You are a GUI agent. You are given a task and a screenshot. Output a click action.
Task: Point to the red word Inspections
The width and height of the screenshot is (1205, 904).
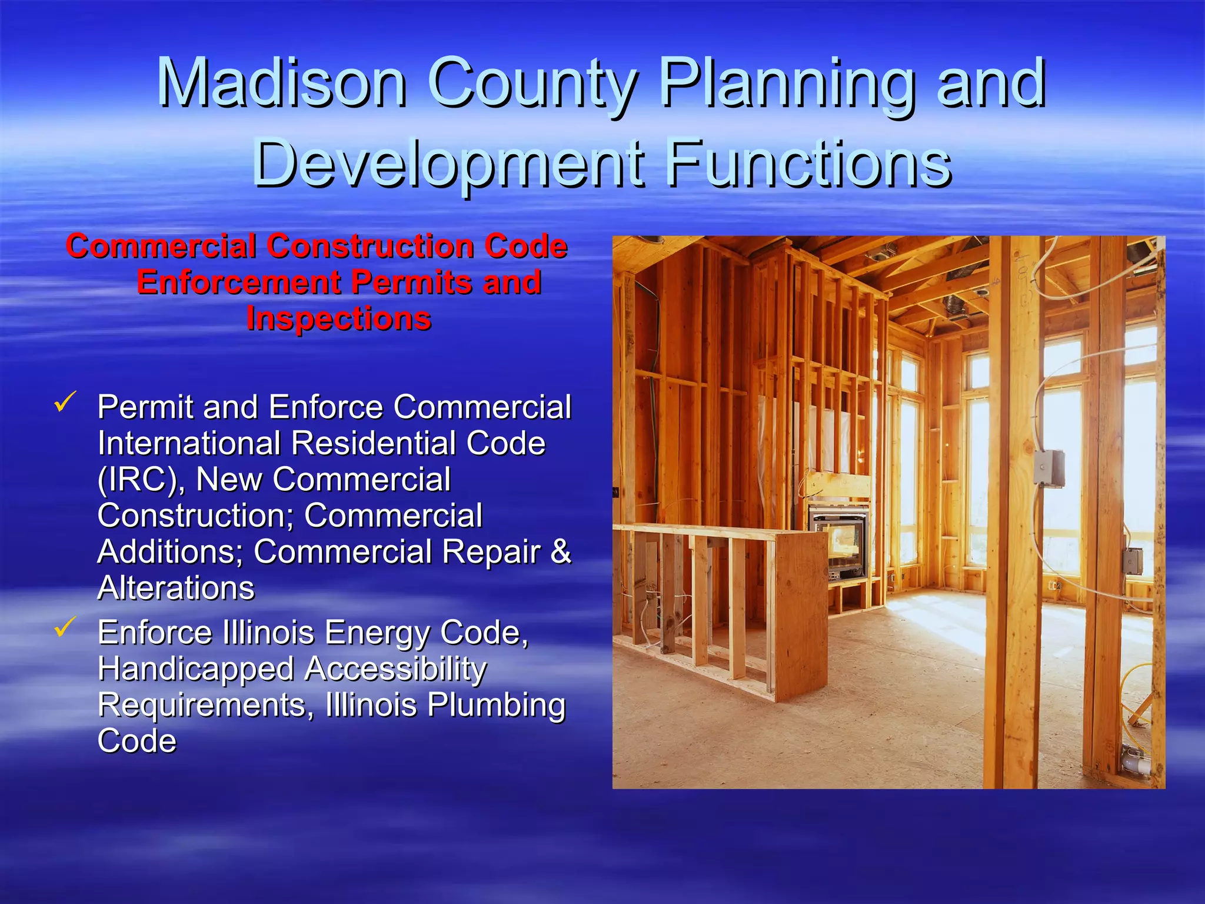coord(339,319)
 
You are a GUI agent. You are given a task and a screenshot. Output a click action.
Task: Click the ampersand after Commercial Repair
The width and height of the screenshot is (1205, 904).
coord(561,551)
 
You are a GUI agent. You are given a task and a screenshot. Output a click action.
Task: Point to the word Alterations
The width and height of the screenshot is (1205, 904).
coord(176,588)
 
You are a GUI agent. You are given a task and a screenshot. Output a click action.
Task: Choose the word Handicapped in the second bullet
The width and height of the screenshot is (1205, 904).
coord(196,669)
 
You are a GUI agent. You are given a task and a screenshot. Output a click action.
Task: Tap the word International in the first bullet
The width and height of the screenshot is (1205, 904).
coord(189,443)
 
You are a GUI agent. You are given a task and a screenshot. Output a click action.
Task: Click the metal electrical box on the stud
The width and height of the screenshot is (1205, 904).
coord(1049,468)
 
